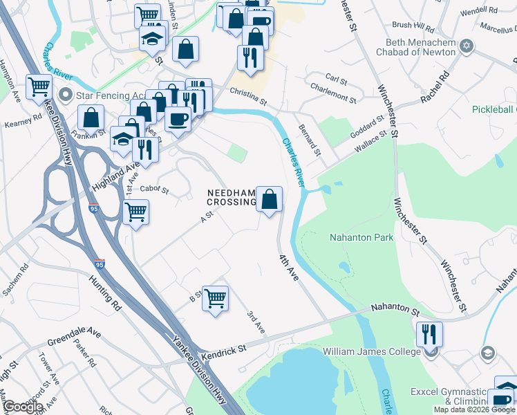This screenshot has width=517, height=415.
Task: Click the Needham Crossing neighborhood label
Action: coord(231,197)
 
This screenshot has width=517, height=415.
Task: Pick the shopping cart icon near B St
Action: coord(216,298)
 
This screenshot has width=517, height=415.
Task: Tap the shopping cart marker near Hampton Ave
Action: coord(39,87)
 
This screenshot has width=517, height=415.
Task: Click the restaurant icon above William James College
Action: coord(429,335)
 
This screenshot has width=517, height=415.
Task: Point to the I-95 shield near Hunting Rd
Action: coord(100,264)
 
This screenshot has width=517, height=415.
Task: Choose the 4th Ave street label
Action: coord(288,267)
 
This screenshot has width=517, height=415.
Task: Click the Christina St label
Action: coord(248,95)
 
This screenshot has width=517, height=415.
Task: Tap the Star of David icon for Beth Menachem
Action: coord(467,46)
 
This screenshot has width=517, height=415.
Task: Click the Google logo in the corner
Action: coord(23,407)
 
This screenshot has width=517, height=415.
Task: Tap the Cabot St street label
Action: coord(154,188)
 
